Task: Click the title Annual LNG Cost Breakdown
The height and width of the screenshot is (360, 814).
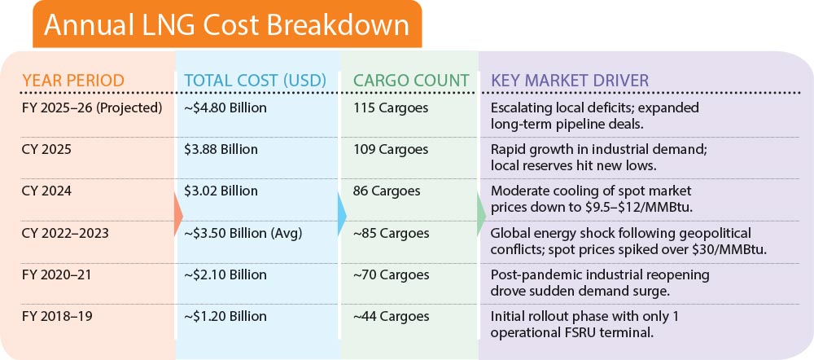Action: tap(226, 25)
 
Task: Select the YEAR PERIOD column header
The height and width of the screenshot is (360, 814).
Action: tap(73, 81)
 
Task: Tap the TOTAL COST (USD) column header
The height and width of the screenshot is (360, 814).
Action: tap(256, 81)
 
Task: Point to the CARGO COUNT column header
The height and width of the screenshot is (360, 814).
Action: tap(411, 81)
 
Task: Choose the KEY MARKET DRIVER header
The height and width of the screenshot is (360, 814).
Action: tap(570, 81)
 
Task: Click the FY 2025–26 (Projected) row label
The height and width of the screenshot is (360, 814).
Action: tap(93, 108)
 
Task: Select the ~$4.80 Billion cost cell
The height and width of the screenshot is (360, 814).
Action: tap(225, 108)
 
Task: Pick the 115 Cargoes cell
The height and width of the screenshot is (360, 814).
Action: tap(391, 108)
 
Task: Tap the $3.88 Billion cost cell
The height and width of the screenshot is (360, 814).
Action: tap(221, 150)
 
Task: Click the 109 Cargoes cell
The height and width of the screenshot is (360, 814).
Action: tap(391, 150)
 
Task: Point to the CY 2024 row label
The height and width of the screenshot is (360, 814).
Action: tap(46, 191)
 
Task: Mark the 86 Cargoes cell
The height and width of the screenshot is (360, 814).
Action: tap(387, 191)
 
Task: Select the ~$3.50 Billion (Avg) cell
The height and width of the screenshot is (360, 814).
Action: tap(243, 233)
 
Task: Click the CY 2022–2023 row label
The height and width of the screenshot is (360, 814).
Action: tap(65, 233)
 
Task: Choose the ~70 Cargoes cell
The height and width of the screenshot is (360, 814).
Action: tap(392, 274)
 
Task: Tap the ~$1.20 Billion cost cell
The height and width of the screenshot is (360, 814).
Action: tap(225, 316)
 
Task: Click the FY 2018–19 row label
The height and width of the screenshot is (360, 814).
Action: tap(57, 316)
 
